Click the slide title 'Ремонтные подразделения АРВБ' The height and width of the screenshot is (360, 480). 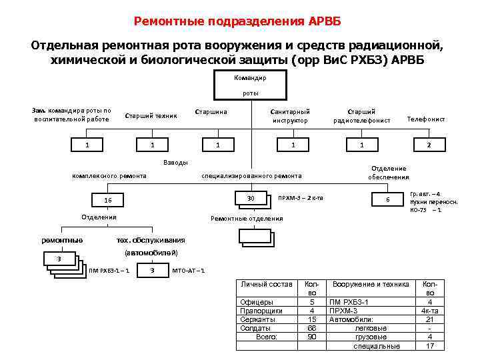click(237, 21)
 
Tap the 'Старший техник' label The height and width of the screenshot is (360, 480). click(151, 115)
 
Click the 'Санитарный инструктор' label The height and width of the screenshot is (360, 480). click(290, 116)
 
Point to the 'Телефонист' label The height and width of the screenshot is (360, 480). click(426, 119)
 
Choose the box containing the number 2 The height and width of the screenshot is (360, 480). click(429, 145)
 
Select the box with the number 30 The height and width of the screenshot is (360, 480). click(251, 198)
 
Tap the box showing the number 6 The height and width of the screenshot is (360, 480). click(387, 200)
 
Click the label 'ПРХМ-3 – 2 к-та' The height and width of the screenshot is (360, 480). click(301, 198)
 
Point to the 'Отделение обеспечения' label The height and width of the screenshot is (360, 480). click(389, 173)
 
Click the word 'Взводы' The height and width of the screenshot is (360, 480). click(175, 163)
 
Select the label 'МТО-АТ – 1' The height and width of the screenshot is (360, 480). click(189, 270)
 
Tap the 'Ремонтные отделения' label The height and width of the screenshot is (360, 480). click(247, 218)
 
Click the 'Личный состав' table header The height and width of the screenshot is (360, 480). click(266, 285)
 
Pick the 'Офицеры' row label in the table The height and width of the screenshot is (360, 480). click(257, 302)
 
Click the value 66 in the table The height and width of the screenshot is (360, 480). click(311, 328)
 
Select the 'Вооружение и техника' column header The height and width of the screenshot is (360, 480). click(371, 285)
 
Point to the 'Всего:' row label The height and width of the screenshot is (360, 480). click(267, 337)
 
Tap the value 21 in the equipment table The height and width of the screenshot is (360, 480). click(430, 319)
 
